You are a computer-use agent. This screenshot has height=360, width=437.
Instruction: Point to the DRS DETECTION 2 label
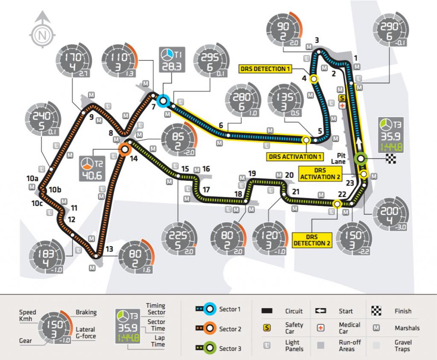click(312, 240)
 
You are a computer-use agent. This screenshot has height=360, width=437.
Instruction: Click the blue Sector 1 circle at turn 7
click(163, 101)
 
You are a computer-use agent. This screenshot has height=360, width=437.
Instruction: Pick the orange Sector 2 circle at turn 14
click(125, 149)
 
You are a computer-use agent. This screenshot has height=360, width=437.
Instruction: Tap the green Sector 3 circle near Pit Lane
click(361, 158)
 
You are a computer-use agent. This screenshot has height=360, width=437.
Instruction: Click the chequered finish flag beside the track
click(390, 158)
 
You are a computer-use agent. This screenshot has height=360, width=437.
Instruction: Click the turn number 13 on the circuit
click(110, 250)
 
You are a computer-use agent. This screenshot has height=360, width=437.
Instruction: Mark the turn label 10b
click(55, 190)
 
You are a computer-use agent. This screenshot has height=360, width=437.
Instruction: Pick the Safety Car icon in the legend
click(268, 328)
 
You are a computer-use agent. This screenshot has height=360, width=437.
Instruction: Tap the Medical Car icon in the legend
click(321, 328)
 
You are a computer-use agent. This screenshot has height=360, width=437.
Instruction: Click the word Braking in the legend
click(86, 312)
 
